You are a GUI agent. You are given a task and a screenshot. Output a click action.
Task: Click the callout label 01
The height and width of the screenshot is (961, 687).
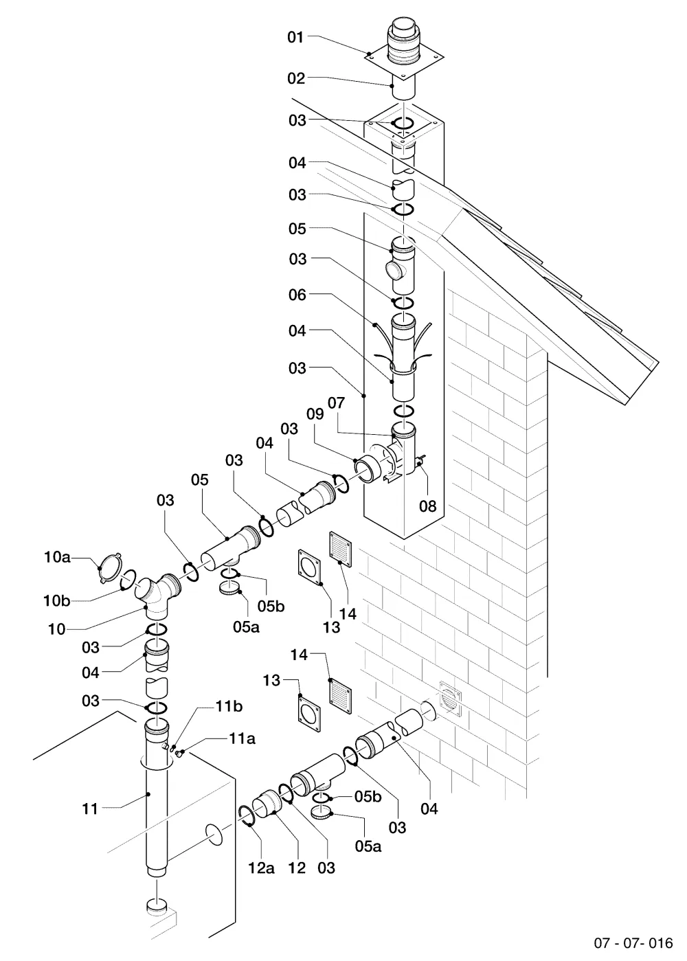point(295,37)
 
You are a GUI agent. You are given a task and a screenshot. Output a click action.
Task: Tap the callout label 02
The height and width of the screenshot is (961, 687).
point(296,78)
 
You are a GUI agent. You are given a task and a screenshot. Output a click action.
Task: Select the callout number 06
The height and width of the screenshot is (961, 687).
point(297,295)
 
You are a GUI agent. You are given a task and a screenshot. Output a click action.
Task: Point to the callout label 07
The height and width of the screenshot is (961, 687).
point(337,403)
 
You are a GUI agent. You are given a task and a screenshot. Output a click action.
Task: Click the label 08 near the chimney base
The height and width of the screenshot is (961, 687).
point(427,506)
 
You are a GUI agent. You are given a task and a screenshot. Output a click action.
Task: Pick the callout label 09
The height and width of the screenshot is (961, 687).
point(315,414)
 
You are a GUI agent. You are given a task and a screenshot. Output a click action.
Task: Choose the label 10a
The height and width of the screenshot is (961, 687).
point(56,557)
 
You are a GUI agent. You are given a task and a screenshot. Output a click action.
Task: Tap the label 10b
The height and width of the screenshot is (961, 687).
point(56,601)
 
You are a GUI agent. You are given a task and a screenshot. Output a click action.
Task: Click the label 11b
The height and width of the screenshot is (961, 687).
point(229,706)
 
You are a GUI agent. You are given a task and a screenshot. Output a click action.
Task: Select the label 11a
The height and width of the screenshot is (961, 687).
point(242,738)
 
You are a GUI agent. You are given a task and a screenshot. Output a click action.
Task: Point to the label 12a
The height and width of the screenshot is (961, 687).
point(261,868)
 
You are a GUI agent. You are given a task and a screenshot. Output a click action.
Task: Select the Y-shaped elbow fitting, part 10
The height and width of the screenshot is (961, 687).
point(158,595)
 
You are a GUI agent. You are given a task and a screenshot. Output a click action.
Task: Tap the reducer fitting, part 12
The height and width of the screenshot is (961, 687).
point(266,802)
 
